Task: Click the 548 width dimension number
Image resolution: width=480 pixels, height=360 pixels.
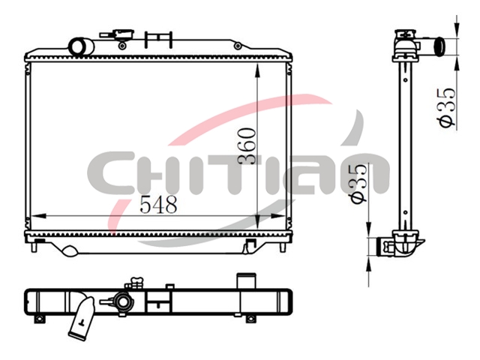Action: tap(158, 204)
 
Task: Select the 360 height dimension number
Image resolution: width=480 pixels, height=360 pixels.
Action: tap(247, 146)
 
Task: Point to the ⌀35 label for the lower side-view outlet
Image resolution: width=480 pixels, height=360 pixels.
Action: tap(358, 184)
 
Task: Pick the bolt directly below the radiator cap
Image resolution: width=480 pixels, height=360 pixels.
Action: tap(122, 46)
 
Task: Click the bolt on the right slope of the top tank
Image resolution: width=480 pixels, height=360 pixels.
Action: tap(238, 46)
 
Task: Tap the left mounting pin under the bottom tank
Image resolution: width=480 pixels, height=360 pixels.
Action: tap(34, 247)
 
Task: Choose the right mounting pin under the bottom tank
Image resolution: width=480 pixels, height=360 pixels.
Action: tap(283, 247)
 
